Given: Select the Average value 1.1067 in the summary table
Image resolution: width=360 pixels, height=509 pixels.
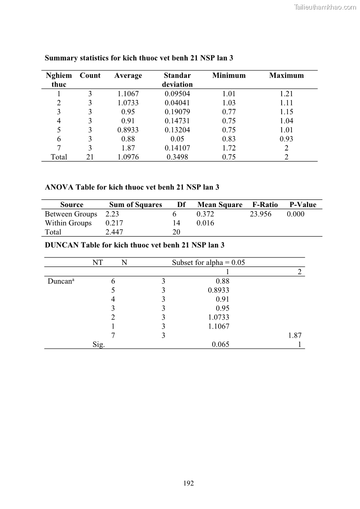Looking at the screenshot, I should click(x=128, y=94).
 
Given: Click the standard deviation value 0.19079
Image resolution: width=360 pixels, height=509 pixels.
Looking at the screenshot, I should click(x=177, y=112).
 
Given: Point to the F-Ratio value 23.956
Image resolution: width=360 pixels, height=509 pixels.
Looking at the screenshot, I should click(x=261, y=214).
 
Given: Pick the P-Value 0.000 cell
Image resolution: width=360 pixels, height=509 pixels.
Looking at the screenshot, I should click(x=296, y=214).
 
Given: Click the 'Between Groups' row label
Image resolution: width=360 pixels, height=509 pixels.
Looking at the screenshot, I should click(x=71, y=214).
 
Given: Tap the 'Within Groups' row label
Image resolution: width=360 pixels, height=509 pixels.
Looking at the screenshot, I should click(x=68, y=223).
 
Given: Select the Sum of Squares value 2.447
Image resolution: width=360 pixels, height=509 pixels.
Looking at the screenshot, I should click(x=114, y=232).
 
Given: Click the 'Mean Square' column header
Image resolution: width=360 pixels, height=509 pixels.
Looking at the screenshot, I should click(x=220, y=205).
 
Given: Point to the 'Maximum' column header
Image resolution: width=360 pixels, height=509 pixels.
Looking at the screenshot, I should click(x=287, y=76).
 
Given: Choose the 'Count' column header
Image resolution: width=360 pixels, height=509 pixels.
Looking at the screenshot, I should click(x=90, y=76).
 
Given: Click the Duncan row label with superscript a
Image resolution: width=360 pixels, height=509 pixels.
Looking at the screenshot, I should click(x=61, y=281).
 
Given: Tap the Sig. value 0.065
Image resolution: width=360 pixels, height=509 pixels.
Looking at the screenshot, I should click(x=220, y=344).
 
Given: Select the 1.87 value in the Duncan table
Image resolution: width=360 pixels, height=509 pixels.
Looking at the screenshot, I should click(x=295, y=335).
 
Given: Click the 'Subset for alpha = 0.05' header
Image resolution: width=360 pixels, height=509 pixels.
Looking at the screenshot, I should click(x=209, y=263).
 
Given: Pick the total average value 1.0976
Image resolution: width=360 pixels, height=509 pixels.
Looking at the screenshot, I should click(x=128, y=157).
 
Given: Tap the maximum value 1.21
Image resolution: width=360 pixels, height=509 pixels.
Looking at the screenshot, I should click(x=287, y=94).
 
